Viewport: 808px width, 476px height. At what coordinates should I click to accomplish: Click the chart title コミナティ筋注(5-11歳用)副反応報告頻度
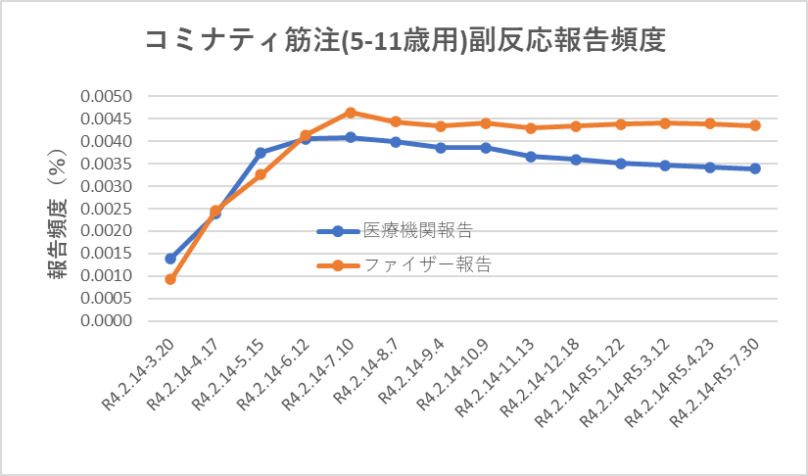pos(404,40)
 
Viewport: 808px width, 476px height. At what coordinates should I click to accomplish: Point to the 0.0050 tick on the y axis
pos(111,97)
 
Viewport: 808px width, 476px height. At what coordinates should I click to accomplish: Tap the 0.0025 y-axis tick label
pos(111,209)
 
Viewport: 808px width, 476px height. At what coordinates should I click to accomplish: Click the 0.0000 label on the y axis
pos(111,320)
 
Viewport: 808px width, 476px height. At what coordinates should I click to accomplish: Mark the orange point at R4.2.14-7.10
pos(351,113)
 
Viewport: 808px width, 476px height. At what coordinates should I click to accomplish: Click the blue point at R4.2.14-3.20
pos(170,259)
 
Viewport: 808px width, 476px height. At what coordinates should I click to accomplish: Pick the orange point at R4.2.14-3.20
pos(170,279)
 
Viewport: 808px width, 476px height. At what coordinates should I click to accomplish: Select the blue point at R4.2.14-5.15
pos(261,153)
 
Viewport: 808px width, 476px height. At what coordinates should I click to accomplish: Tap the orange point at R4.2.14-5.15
pos(261,174)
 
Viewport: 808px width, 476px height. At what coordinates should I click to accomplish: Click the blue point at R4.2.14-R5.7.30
pos(755,168)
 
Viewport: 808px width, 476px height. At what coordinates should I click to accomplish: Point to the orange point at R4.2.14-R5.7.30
pos(755,125)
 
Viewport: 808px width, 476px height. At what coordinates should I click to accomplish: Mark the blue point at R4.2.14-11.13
pos(531,157)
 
